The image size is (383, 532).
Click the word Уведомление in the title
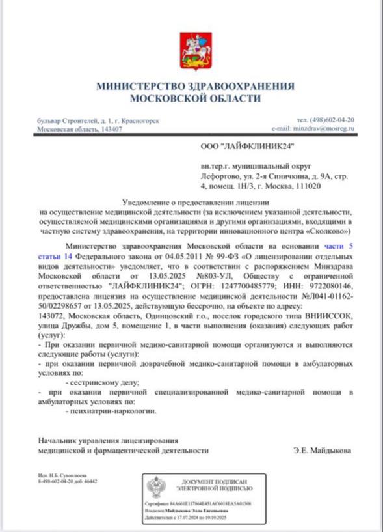149,204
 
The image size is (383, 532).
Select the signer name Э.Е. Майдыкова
323,450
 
